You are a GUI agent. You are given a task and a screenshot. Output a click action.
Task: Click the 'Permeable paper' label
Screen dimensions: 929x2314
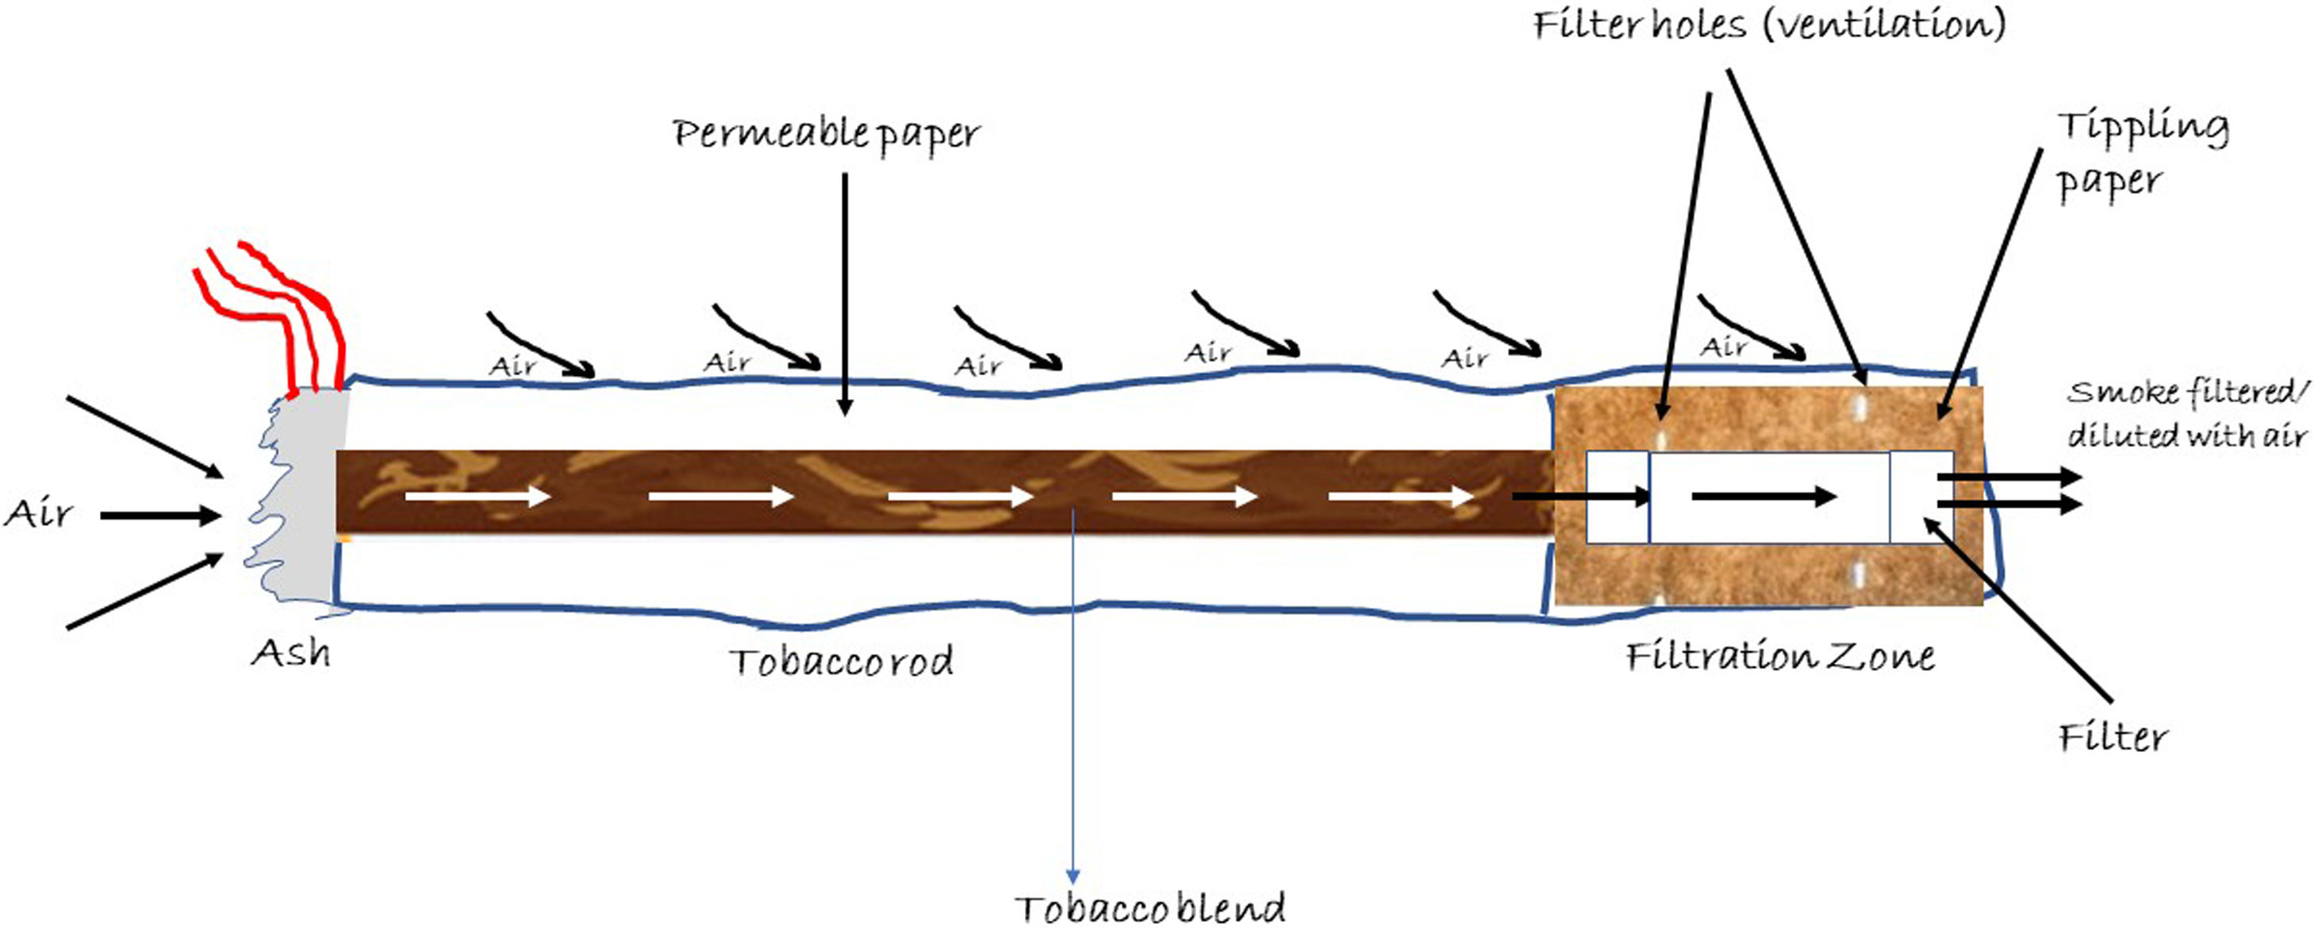pos(826,135)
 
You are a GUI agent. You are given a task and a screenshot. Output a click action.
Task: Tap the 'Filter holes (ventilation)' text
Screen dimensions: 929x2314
pos(1769,25)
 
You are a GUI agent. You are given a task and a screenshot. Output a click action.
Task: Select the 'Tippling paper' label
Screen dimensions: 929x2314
pos(2143,154)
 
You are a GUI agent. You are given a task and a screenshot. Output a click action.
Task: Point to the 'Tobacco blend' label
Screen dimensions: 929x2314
pos(1149,908)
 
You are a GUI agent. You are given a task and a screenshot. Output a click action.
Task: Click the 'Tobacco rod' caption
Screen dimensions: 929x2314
pos(841,662)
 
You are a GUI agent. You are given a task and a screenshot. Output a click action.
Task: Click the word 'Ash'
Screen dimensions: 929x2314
pos(290,653)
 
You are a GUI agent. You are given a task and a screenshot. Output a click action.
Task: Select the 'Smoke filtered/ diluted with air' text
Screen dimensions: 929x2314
pos(2187,413)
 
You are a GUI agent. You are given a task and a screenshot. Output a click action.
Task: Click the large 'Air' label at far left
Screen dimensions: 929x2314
pos(38,514)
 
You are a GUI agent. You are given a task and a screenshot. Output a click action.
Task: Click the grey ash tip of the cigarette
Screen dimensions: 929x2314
pos(305,503)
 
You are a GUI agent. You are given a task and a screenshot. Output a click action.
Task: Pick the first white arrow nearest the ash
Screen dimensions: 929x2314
pos(477,496)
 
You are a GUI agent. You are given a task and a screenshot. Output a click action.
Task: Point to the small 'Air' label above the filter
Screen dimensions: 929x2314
pos(1724,346)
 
